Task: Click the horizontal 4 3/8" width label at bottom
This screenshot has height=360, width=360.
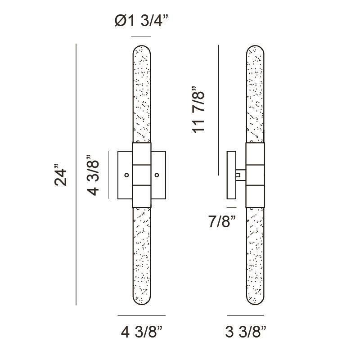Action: (141, 333)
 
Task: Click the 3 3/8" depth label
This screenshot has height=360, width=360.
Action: (246, 333)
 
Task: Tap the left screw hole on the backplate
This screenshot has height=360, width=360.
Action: (126, 175)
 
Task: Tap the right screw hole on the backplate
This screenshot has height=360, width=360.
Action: (157, 175)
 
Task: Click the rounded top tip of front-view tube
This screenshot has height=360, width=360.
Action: (141, 46)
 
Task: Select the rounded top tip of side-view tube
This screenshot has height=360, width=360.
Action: (255, 46)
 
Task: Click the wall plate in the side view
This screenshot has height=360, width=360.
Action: (232, 175)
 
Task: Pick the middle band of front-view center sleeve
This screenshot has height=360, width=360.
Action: (141, 175)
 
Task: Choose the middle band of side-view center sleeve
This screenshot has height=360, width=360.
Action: (255, 175)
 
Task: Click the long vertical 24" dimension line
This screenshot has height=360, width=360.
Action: (76, 175)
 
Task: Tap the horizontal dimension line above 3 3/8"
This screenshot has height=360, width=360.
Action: (246, 315)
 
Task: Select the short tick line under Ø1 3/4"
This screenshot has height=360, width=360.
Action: (141, 36)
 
